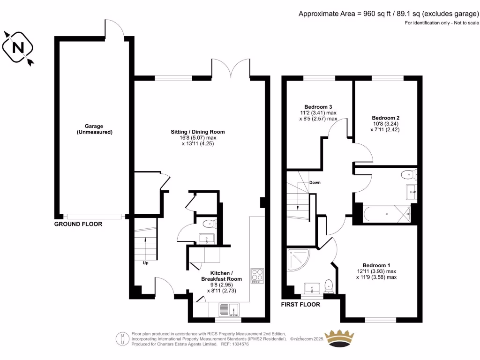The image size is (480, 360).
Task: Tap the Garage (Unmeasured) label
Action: click(94, 129)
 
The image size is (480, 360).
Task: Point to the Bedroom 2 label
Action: click(386, 118)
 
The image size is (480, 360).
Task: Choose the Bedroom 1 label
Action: click(376, 264)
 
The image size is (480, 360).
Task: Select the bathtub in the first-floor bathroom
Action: click(386, 214)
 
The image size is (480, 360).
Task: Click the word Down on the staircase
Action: click(315, 182)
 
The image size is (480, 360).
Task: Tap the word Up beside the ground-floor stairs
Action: click(146, 262)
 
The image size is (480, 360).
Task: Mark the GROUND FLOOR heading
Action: click(78, 224)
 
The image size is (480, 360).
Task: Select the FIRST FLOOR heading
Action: click(300, 304)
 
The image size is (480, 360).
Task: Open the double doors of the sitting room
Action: click(231, 68)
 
